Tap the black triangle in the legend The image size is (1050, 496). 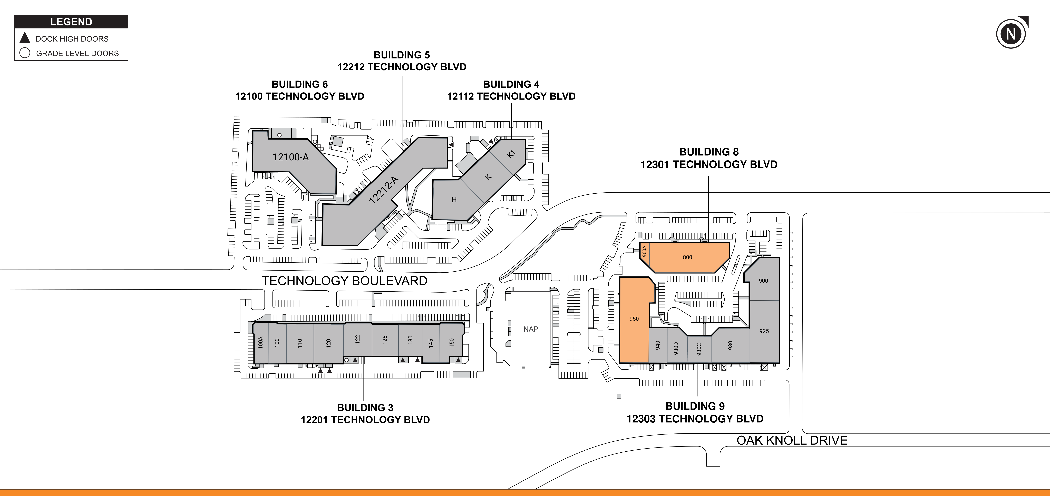point(25,38)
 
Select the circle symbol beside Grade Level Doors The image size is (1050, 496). point(25,53)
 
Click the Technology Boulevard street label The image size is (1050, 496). point(344,281)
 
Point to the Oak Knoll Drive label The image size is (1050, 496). point(792,440)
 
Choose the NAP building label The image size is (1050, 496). point(531,329)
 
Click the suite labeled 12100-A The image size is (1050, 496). point(291,157)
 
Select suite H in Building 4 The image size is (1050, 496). point(454,200)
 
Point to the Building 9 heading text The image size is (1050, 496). point(695,406)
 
